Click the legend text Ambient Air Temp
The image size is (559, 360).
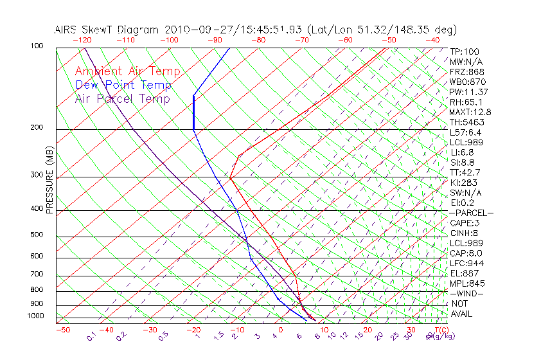coord(127,71)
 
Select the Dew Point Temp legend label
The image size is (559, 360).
coord(123,85)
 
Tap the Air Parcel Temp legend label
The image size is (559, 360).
coord(122,98)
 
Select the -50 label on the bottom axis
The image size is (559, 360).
coord(62,330)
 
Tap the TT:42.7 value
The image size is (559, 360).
coord(465,172)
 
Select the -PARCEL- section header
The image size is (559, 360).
coord(471,213)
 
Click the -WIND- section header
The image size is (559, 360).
coord(466,293)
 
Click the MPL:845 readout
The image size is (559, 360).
coord(466,283)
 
